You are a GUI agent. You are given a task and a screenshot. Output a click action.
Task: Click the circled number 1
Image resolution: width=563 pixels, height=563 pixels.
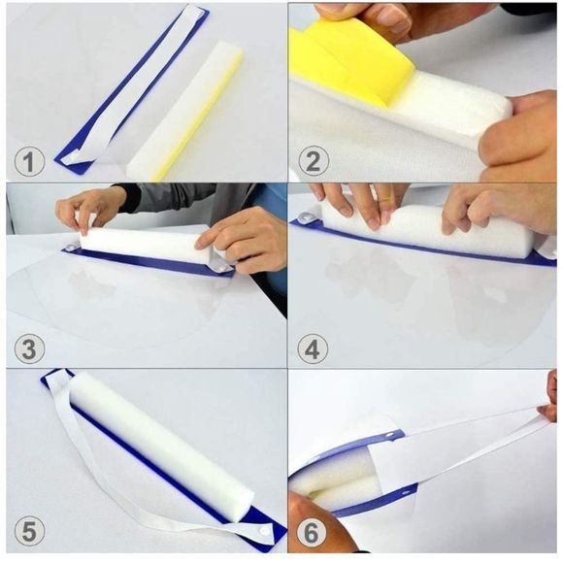[31, 161]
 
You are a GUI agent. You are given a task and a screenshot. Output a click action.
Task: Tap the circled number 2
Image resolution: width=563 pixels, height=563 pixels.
[311, 161]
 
